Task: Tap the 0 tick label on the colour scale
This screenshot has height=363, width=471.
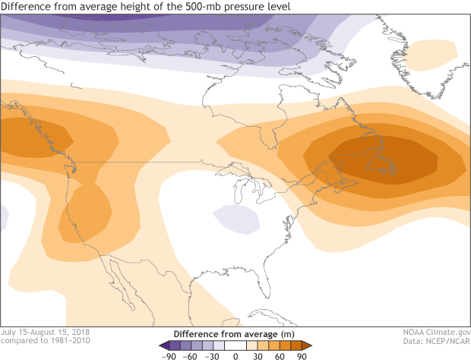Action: [235, 355]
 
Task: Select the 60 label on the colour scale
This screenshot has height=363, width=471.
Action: [280, 355]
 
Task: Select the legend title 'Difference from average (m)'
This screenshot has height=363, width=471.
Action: [235, 333]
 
